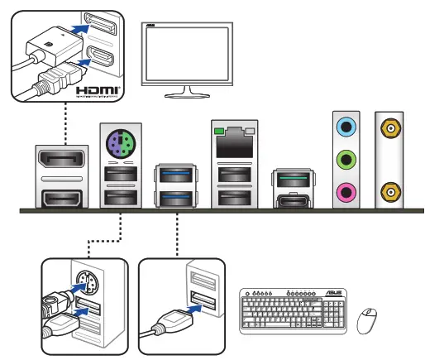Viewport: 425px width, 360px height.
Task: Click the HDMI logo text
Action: pyautogui.click(x=97, y=88)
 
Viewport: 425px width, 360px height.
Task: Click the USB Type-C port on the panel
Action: pyautogui.click(x=294, y=199)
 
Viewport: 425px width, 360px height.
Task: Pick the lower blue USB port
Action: pyautogui.click(x=176, y=198)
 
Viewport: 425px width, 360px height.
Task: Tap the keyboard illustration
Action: pyautogui.click(x=293, y=312)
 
